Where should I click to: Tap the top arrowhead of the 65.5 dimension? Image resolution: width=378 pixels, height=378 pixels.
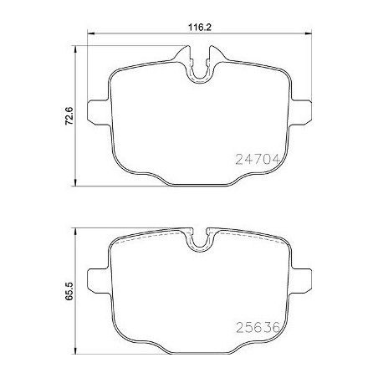point(79,227)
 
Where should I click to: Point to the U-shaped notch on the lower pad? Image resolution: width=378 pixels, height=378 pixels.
point(199,243)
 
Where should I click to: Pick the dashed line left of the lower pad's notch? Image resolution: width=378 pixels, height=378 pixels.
point(151,237)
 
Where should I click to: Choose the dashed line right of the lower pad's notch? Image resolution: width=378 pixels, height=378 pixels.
point(247,237)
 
